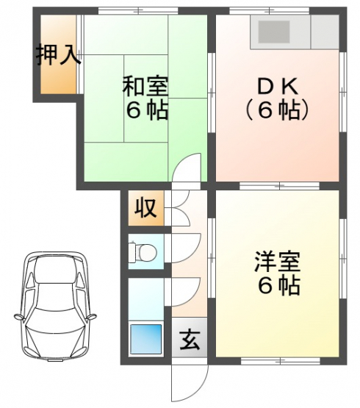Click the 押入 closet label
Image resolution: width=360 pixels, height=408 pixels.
click(58, 55)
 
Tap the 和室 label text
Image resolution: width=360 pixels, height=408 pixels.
click(145, 85)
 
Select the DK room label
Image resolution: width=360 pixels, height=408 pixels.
click(277, 87)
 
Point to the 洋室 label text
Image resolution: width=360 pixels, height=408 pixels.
click(277, 262)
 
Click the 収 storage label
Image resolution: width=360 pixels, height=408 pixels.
click(145, 207)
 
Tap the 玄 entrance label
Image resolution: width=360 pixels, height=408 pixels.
click(190, 340)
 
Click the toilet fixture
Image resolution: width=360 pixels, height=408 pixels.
click(143, 252)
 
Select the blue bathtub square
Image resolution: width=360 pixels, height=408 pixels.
click(145, 339)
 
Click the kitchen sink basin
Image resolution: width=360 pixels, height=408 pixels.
click(274, 32)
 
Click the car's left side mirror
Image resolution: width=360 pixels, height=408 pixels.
click(19, 317)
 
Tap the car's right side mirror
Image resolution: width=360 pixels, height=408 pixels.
click(91, 317)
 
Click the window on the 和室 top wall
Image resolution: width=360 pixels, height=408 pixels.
click(138, 11)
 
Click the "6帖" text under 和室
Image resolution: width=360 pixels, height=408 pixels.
click(147, 111)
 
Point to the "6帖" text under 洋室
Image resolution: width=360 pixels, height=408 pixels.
click(279, 286)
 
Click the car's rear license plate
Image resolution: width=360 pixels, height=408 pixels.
click(55, 360)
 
